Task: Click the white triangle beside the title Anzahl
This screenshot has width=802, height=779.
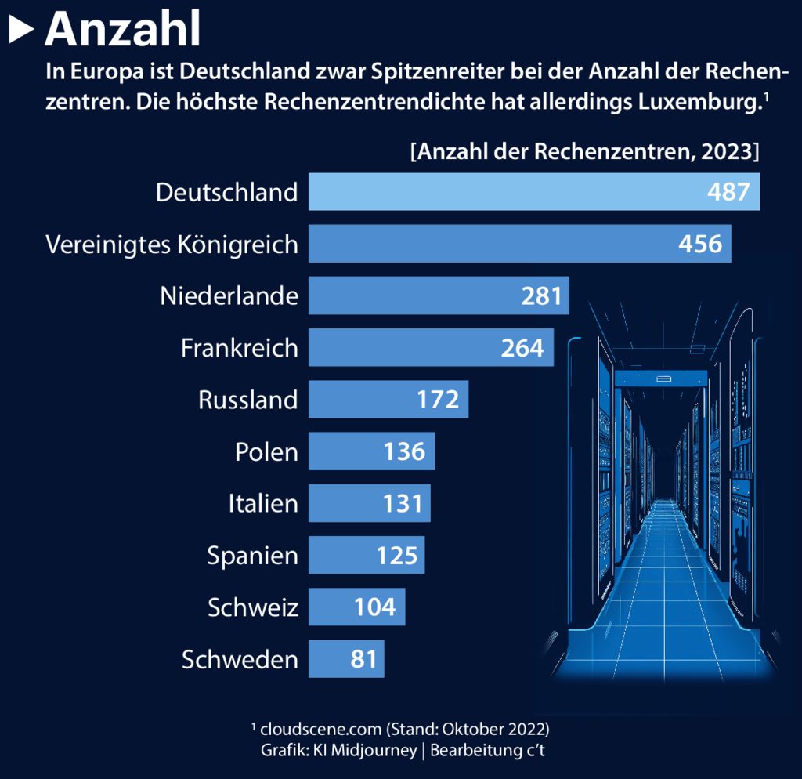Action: click(21, 30)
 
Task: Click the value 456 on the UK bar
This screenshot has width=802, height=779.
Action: click(700, 244)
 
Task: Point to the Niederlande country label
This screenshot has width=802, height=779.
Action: click(229, 295)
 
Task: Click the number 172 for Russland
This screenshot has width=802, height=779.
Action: click(438, 400)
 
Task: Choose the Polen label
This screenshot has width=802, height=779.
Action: click(266, 452)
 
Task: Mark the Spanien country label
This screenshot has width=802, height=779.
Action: click(252, 556)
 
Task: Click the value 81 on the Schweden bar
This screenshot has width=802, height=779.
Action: click(364, 659)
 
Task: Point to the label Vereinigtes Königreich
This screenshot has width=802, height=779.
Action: click(172, 245)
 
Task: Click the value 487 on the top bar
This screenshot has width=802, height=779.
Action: click(728, 192)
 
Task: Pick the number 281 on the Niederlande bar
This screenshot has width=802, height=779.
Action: click(541, 295)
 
